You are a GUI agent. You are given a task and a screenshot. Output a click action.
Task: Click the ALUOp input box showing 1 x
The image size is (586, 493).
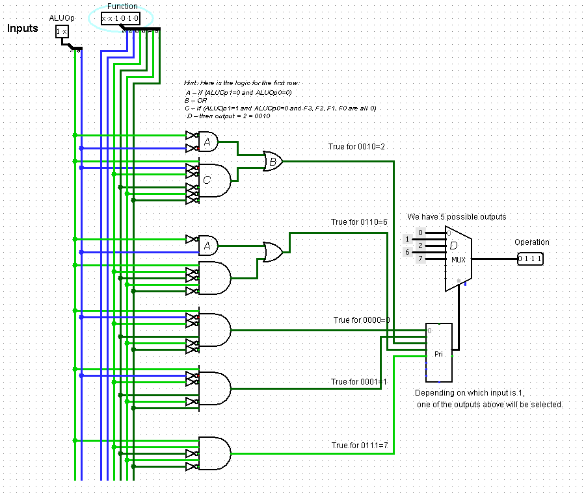pyautogui.click(x=62, y=31)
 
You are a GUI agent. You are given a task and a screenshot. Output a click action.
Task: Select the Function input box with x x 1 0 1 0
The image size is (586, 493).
pyautogui.click(x=120, y=19)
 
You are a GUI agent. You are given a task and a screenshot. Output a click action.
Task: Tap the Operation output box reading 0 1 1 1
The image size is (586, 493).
pyautogui.click(x=530, y=259)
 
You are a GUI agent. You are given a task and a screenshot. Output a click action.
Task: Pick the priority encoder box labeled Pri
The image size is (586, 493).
pyautogui.click(x=439, y=353)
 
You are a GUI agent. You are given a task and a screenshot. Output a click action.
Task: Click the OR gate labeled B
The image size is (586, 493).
pyautogui.click(x=273, y=160)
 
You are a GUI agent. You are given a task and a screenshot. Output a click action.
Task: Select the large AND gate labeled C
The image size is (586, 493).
pyautogui.click(x=214, y=181)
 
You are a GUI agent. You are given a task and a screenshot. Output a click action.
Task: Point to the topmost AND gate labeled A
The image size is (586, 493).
pyautogui.click(x=207, y=142)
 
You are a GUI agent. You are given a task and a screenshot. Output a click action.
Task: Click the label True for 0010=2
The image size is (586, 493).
pyautogui.click(x=356, y=147)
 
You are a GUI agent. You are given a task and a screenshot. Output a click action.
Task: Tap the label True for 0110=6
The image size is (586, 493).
pyautogui.click(x=359, y=222)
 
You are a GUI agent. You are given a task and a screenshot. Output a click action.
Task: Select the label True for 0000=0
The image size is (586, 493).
pyautogui.click(x=362, y=320)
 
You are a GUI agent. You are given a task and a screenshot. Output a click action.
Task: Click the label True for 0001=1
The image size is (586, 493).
pyautogui.click(x=358, y=382)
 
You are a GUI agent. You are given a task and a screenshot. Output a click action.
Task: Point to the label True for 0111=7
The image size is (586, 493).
pyautogui.click(x=360, y=446)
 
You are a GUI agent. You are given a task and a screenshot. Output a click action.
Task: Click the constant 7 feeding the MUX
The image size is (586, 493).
pyautogui.click(x=420, y=259)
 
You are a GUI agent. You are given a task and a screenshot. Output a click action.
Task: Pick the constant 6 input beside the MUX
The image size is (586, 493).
pyautogui.click(x=408, y=252)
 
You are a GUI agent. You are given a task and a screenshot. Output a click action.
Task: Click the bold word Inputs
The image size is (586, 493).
pyautogui.click(x=23, y=29)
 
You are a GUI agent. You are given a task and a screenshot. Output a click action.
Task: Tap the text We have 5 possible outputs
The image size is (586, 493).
pyautogui.click(x=457, y=216)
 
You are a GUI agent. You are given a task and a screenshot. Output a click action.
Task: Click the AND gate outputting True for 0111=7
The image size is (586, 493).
pyautogui.click(x=214, y=453)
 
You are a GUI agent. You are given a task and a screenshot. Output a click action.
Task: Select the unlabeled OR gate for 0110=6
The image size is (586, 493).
pyautogui.click(x=273, y=251)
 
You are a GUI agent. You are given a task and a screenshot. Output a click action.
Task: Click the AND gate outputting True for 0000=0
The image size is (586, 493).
pyautogui.click(x=214, y=330)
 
